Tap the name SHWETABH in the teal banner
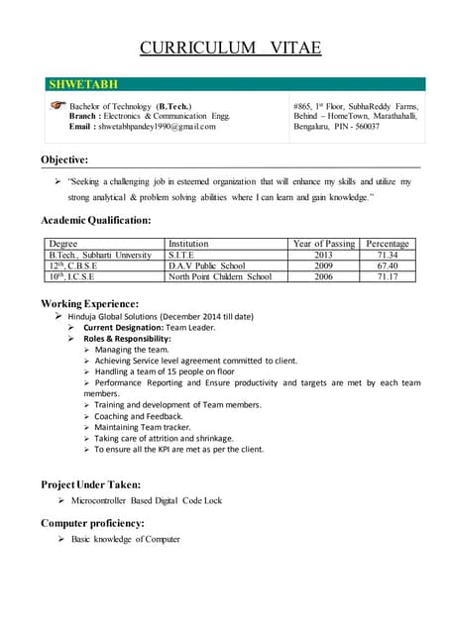tap(83, 85)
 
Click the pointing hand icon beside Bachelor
tap(57, 103)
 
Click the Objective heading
tap(64, 159)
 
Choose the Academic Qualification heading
tap(96, 220)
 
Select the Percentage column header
tap(388, 244)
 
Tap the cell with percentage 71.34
tap(388, 255)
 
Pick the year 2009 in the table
tap(323, 265)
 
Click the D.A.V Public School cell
tap(206, 265)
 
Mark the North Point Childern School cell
tap(219, 276)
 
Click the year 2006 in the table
tap(323, 276)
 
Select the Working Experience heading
tap(89, 303)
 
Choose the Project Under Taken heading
tap(90, 484)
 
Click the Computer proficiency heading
tap(92, 522)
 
